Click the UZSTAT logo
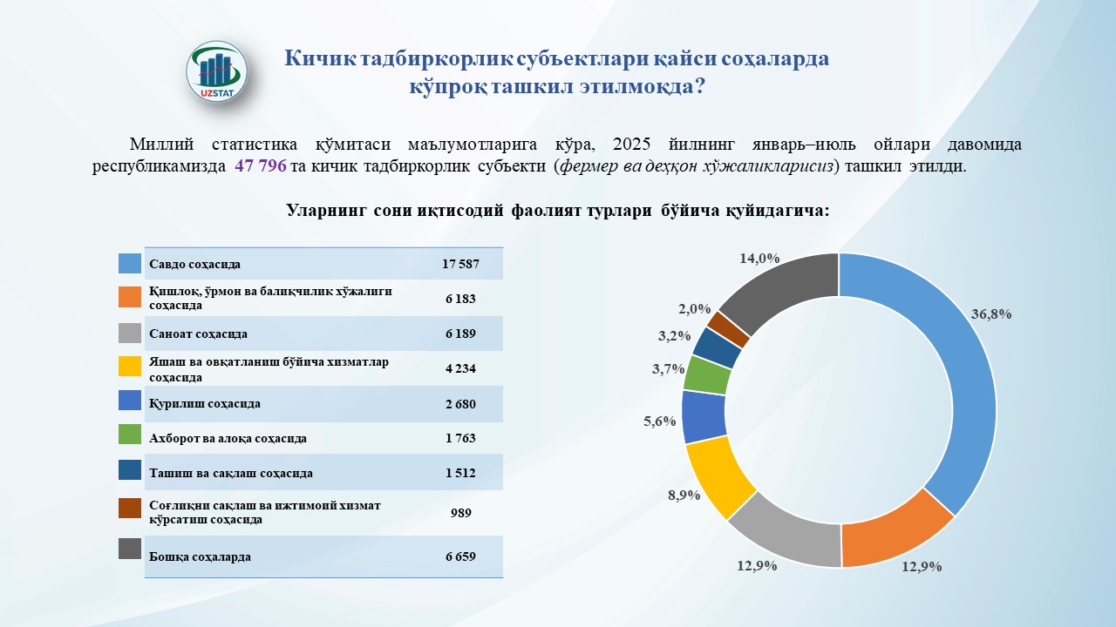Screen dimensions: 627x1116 click(x=217, y=71)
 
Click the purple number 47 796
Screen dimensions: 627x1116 click(x=261, y=167)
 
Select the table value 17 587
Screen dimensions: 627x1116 click(x=460, y=263)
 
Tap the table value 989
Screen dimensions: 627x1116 click(x=460, y=513)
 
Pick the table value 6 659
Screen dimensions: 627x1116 click(x=460, y=556)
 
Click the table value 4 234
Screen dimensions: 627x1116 click(x=460, y=368)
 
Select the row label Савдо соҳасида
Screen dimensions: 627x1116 click(x=194, y=263)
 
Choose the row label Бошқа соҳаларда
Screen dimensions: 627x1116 click(x=200, y=556)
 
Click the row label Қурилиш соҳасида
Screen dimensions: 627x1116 click(x=205, y=403)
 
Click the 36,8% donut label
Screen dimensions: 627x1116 click(x=990, y=314)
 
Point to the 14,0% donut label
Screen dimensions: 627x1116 click(x=759, y=258)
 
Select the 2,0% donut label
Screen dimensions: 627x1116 click(x=694, y=308)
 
